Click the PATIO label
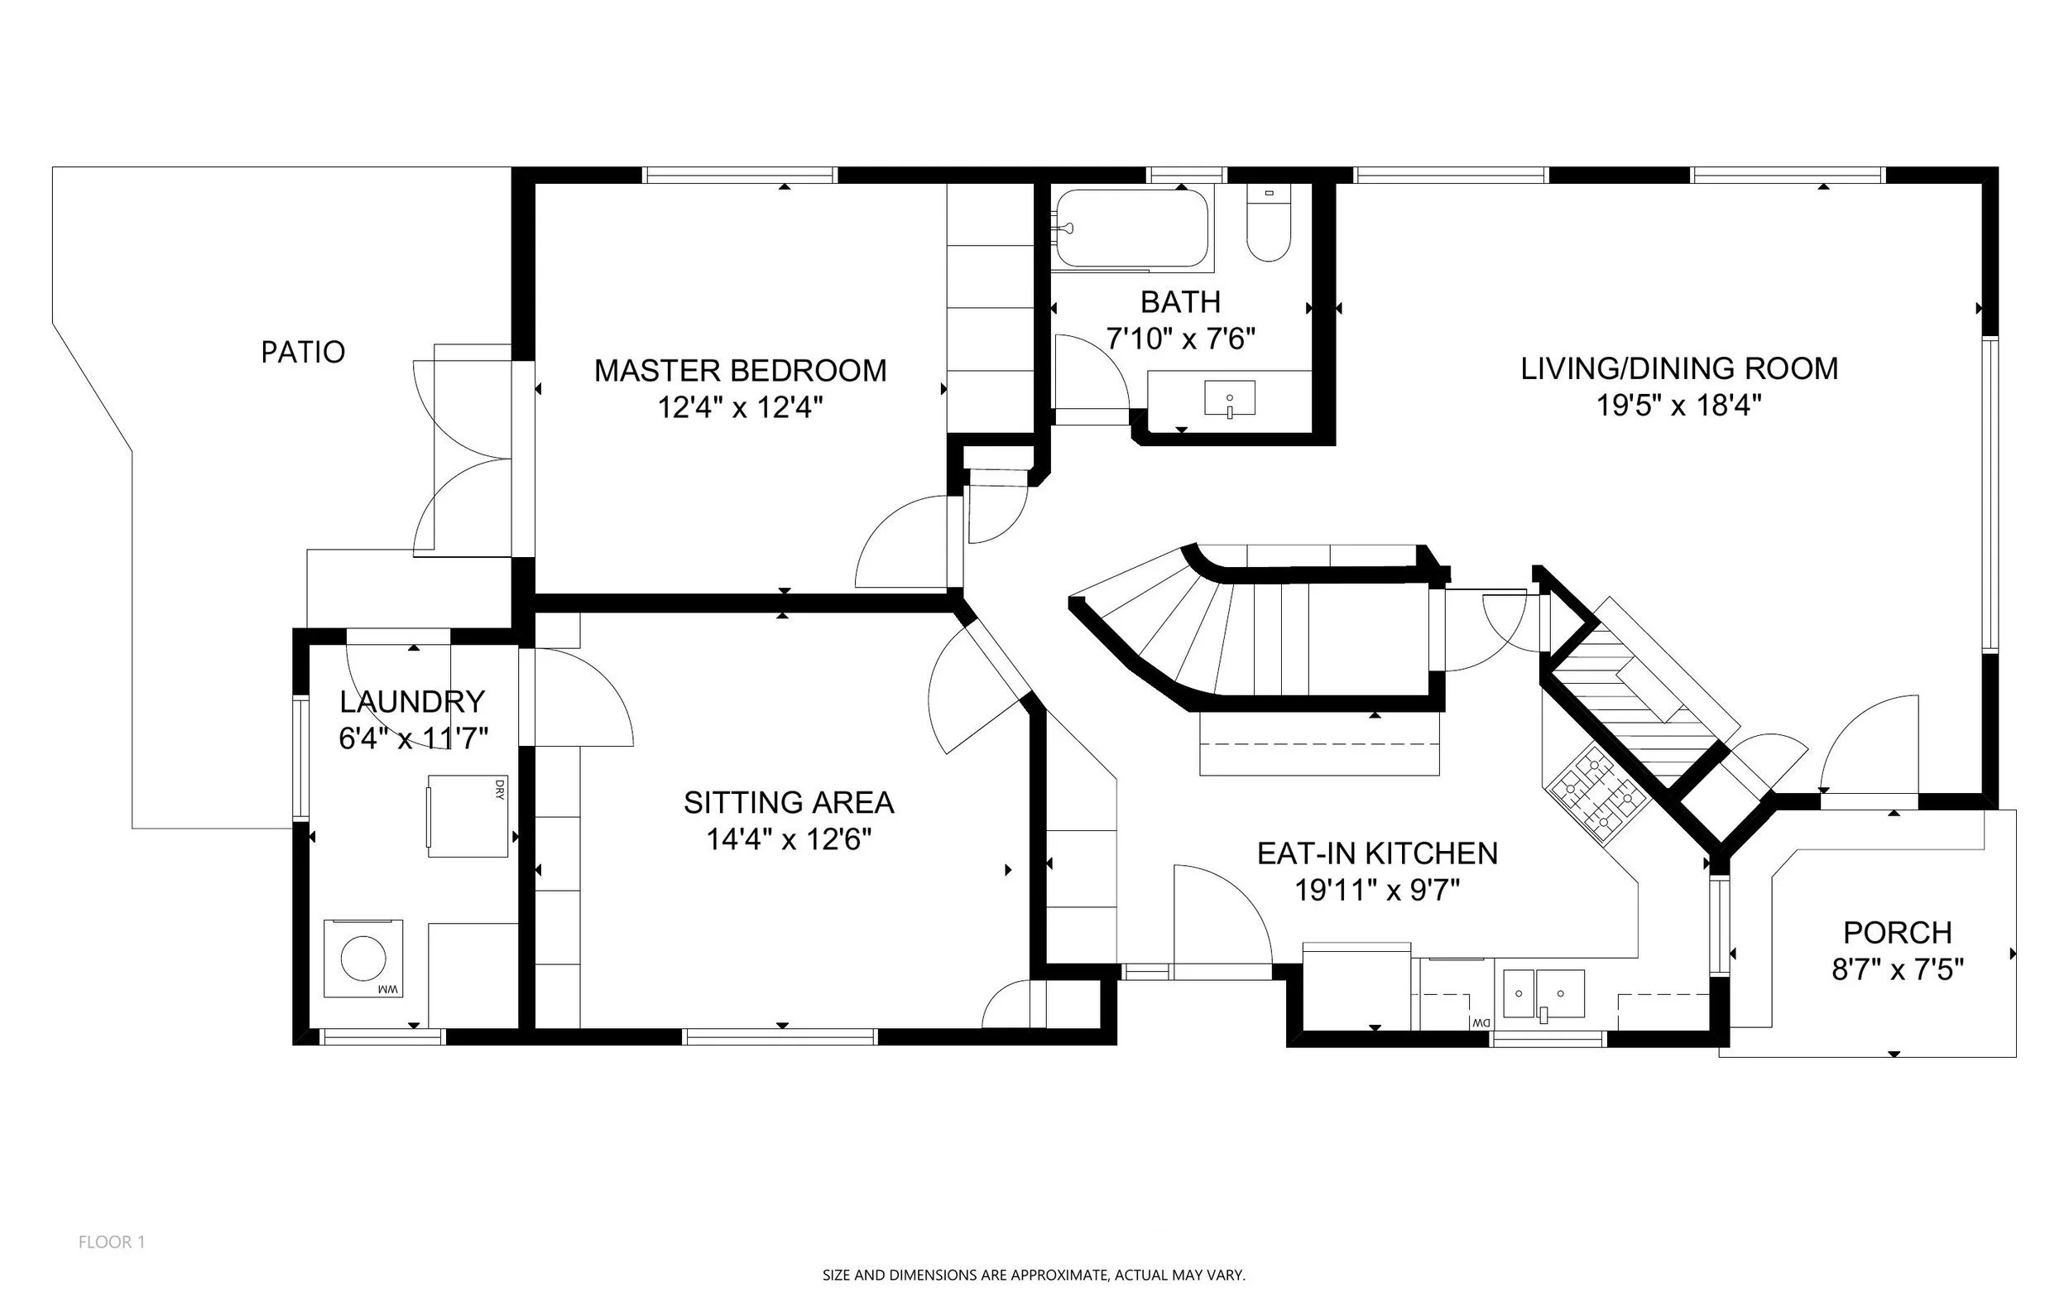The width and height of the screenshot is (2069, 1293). tap(303, 352)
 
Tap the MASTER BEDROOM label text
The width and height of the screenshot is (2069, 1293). tap(741, 370)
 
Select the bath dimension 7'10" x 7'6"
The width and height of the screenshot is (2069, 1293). tap(1181, 339)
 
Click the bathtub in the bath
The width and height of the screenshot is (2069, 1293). tap(1131, 228)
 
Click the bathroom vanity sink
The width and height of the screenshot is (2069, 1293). tap(1230, 398)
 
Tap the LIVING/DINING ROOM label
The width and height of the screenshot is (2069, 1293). tap(1679, 368)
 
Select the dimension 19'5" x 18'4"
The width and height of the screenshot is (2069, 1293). tap(1679, 406)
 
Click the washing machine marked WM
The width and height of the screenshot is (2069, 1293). tap(362, 958)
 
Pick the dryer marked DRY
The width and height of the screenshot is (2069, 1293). tap(468, 816)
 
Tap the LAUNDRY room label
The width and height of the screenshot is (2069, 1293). tap(412, 702)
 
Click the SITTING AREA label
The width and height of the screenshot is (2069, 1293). tap(788, 803)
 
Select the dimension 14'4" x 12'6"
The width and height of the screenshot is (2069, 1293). tap(788, 839)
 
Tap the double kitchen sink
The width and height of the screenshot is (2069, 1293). tap(1544, 994)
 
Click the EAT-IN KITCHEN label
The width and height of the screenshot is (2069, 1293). tap(1377, 853)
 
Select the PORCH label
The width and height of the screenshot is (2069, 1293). tap(1897, 932)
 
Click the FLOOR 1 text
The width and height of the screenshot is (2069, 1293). tap(112, 1242)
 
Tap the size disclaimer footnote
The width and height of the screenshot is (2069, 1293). tap(1034, 1275)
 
